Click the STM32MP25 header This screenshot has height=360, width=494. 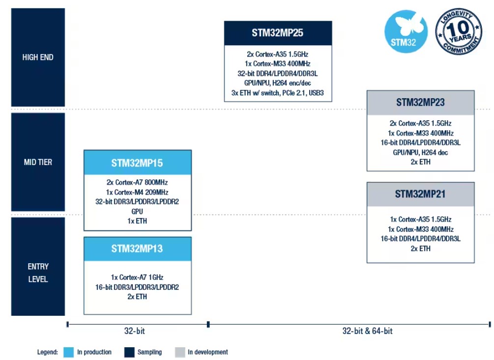point(278,33)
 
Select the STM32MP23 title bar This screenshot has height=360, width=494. point(421,103)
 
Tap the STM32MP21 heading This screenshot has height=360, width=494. point(421,194)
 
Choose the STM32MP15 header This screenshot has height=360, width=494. point(137,163)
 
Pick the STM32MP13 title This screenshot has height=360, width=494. point(137,249)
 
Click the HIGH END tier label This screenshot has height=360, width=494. point(38,57)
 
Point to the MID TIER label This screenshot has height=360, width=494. point(38,162)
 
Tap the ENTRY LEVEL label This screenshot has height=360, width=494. point(38,273)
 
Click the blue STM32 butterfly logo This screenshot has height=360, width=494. point(406,31)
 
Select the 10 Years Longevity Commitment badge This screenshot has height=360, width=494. point(459,31)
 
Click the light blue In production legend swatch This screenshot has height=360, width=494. point(68,352)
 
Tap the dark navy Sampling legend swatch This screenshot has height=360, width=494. point(129,352)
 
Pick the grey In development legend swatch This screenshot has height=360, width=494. point(180,352)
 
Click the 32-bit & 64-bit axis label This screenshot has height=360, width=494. point(367,331)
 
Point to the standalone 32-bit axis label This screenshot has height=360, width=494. point(135,331)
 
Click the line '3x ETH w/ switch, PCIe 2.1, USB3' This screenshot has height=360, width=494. point(278,93)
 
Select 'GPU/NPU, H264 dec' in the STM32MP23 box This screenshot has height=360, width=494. point(420,153)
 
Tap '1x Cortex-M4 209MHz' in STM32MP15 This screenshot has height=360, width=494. point(137,192)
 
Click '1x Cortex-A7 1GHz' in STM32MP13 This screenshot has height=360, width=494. point(137,277)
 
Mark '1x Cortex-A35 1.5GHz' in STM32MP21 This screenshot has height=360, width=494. point(421,220)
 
